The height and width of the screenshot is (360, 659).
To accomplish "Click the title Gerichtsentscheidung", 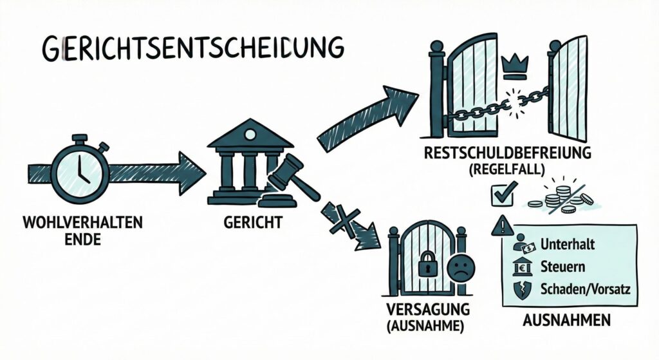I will click(192, 50).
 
